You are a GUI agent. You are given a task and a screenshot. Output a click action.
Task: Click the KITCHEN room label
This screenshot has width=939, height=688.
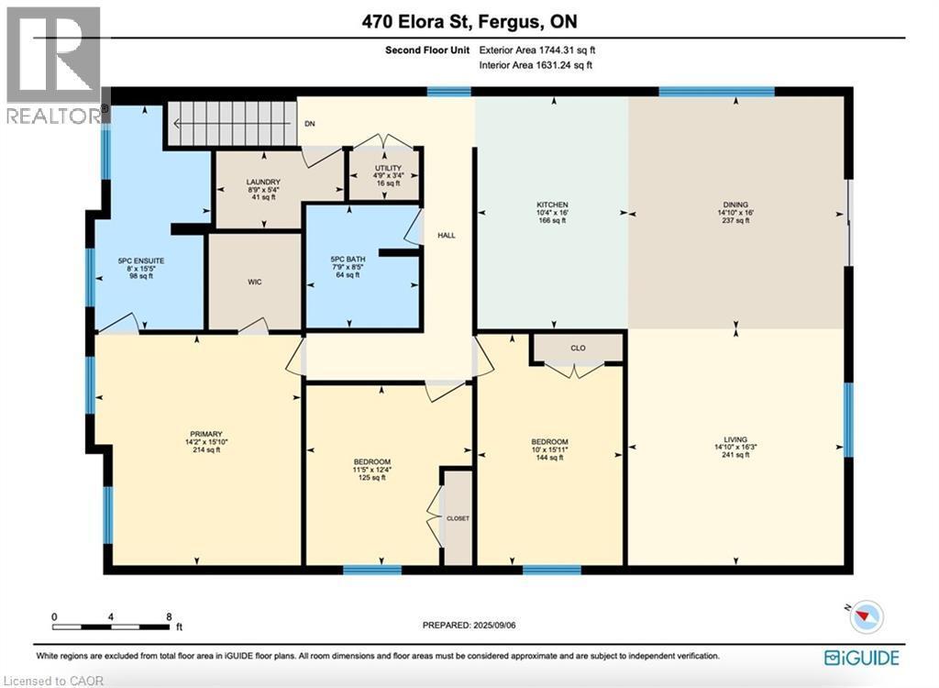[x=552, y=205]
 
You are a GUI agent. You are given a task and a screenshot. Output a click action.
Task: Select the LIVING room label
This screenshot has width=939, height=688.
[x=735, y=438]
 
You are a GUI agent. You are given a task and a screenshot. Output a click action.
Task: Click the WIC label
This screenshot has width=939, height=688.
[x=255, y=282]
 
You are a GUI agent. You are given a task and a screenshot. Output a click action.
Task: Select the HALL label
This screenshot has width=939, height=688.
[x=447, y=236]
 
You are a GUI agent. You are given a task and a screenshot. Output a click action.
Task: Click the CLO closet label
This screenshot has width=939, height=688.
[x=578, y=348]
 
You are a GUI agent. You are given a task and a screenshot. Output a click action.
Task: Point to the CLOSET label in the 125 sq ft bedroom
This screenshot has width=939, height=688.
[x=458, y=518]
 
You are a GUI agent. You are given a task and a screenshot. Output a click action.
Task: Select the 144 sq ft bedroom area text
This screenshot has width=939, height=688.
[x=550, y=458]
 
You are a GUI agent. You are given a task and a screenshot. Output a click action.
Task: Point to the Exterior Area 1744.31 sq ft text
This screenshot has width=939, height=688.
[x=544, y=50]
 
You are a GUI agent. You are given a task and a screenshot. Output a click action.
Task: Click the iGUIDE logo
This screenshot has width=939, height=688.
[x=861, y=657]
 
